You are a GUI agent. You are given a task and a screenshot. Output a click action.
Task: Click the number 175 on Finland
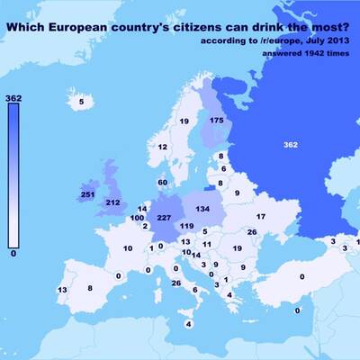216,120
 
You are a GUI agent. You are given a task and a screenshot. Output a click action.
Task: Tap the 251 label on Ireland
88,194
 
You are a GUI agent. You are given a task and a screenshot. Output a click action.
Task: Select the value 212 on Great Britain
112,203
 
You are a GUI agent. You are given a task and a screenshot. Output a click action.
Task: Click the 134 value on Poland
202,209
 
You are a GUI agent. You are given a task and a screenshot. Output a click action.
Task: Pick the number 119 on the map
186,226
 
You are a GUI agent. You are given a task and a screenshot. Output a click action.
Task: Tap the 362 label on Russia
290,144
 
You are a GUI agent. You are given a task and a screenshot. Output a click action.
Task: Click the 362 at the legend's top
13,97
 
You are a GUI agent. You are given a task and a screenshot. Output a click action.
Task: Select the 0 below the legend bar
13,255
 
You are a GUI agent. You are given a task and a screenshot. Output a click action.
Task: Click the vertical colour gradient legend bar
13,175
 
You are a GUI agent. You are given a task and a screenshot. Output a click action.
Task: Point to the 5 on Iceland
82,103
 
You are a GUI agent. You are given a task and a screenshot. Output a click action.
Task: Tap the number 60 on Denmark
162,183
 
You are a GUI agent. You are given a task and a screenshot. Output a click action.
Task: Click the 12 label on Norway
163,147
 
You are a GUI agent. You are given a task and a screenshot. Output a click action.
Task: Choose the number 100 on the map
137,218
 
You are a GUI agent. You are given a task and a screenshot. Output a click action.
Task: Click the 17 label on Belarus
261,217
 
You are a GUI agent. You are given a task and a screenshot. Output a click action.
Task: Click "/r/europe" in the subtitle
276,41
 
